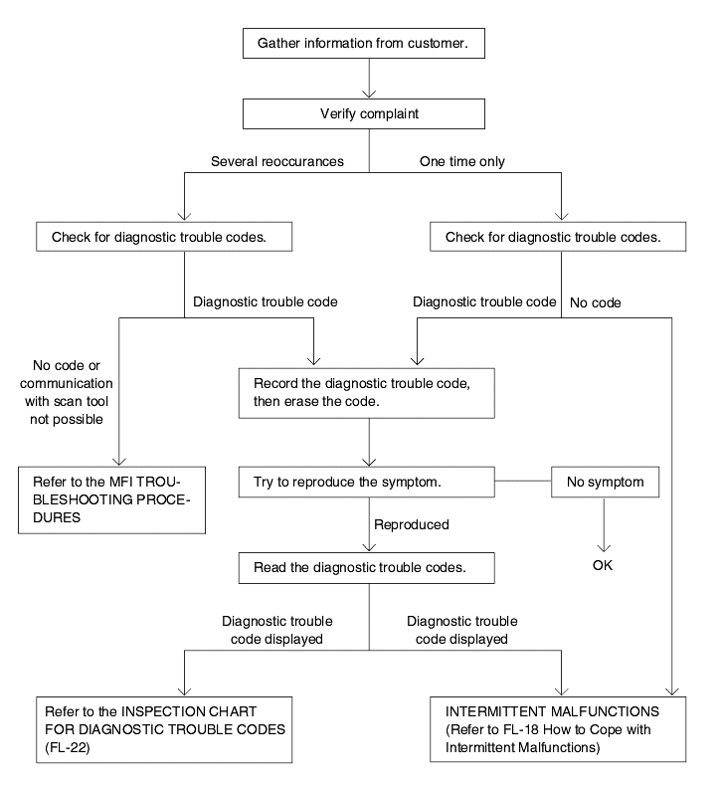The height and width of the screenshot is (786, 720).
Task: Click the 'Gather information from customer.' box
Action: tap(364, 43)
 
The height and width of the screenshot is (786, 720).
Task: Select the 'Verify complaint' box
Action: tap(364, 113)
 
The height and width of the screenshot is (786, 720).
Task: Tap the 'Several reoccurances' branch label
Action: tap(277, 161)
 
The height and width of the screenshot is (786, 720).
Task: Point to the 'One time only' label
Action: tap(462, 161)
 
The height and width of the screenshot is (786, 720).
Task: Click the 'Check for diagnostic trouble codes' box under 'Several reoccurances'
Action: tap(164, 237)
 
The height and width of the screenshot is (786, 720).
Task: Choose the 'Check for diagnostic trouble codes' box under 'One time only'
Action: tap(558, 237)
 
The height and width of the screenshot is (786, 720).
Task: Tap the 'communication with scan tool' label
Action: tap(67, 392)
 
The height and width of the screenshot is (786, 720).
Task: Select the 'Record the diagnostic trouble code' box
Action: tap(366, 393)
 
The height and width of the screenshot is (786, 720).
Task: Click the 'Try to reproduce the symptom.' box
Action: tap(366, 482)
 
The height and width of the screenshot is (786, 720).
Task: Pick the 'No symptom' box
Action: tap(605, 482)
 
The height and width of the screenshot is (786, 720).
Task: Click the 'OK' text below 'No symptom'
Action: tap(603, 565)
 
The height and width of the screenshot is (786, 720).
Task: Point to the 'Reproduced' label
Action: tap(412, 524)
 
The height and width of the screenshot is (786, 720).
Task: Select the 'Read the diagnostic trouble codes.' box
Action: tap(366, 568)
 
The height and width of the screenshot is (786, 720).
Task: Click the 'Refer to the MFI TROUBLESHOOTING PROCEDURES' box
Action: tap(111, 499)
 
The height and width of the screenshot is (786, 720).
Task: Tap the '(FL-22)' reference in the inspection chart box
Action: tap(68, 747)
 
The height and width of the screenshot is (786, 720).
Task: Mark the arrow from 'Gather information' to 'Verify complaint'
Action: tap(369, 79)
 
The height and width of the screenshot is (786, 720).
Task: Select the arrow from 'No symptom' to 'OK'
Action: tap(604, 525)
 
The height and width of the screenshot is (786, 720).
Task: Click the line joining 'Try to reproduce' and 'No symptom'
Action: tap(522, 481)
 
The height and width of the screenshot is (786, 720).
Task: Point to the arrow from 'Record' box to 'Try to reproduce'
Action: tap(369, 442)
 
